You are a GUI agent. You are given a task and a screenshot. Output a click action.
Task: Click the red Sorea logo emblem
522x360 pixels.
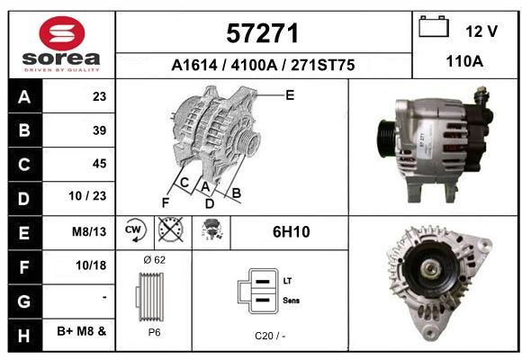point(62,33)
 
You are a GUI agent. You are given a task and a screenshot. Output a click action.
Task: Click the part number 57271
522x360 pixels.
point(262,33)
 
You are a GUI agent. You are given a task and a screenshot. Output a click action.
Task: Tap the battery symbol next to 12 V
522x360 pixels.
point(434,26)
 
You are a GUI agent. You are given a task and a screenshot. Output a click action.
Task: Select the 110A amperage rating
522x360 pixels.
point(464,61)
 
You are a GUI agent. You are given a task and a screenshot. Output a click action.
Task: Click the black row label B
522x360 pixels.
point(24,130)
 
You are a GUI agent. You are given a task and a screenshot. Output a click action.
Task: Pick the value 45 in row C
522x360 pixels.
point(100,164)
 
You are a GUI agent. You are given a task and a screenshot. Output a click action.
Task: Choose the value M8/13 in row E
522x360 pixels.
point(89,231)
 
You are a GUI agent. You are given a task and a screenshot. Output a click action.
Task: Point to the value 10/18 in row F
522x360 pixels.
point(91,265)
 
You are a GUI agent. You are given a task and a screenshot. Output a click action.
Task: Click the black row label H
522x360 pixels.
point(24,336)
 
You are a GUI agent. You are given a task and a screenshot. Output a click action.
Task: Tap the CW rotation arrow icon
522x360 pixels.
point(135,229)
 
